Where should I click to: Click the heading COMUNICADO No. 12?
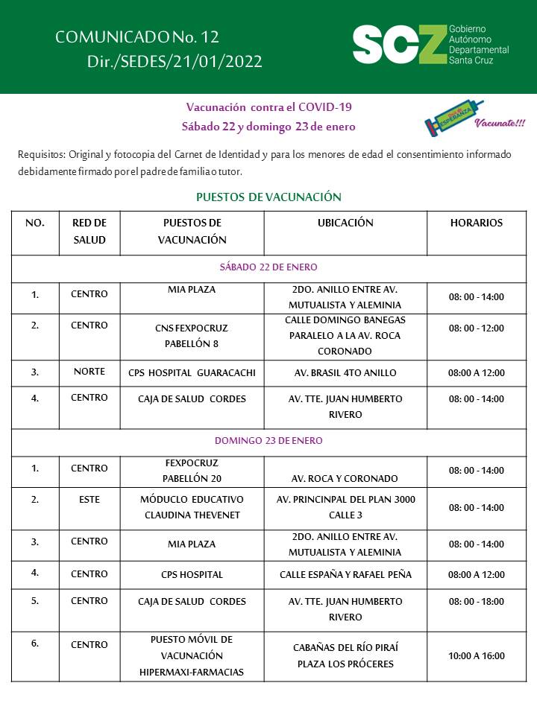pyautogui.click(x=137, y=37)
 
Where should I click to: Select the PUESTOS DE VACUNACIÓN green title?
pyautogui.click(x=268, y=197)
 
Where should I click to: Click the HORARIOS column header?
pyautogui.click(x=476, y=223)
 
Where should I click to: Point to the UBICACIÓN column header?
pyautogui.click(x=345, y=223)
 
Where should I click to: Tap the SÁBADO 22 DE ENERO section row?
pyautogui.click(x=268, y=267)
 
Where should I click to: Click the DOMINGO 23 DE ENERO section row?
pyautogui.click(x=268, y=440)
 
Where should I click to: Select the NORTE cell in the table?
pyautogui.click(x=89, y=372)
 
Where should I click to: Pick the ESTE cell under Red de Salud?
pyautogui.click(x=89, y=499)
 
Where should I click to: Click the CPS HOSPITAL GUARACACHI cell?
pyautogui.click(x=192, y=372)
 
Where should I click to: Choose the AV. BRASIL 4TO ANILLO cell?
pyautogui.click(x=345, y=372)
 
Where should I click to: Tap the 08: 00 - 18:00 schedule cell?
pyautogui.click(x=476, y=601)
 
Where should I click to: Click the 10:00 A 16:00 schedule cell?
pyautogui.click(x=476, y=655)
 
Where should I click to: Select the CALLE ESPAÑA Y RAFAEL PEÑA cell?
pyautogui.click(x=345, y=574)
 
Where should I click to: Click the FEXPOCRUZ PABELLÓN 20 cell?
pyautogui.click(x=192, y=470)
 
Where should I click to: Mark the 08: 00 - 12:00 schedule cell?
pyautogui.click(x=476, y=328)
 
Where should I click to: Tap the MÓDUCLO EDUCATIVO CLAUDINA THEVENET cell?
pyautogui.click(x=192, y=506)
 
